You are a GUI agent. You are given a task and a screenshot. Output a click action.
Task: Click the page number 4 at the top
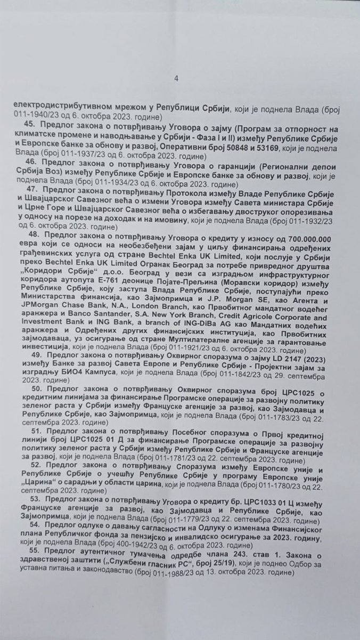[x=176, y=79]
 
